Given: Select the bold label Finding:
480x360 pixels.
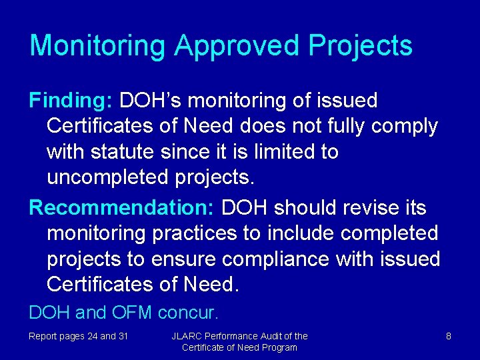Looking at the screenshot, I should coord(71,101).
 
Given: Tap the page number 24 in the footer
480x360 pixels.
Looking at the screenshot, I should coord(92,336).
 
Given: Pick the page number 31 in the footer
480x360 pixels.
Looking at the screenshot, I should coord(123,336).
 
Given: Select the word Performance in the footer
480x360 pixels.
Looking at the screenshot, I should coord(239,336).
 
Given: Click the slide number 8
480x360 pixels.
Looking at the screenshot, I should coord(449,336).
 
